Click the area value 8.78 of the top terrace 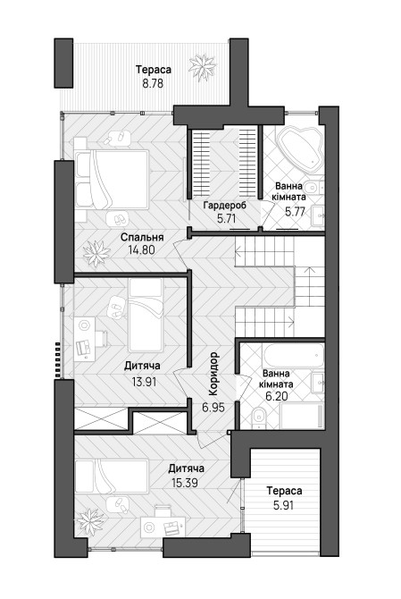click(x=153, y=83)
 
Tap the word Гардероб click(x=225, y=206)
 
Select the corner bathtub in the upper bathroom click(x=300, y=149)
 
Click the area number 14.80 click(x=141, y=250)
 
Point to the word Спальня click(x=142, y=237)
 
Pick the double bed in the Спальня click(x=112, y=180)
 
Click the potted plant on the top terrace click(x=202, y=68)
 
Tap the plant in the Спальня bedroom click(x=96, y=253)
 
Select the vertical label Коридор click(x=213, y=374)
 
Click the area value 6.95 click(x=213, y=407)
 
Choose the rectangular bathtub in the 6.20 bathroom click(x=293, y=356)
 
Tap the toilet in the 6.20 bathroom click(x=259, y=417)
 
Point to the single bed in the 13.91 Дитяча click(x=146, y=316)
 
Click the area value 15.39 click(x=185, y=483)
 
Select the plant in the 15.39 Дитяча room click(x=90, y=522)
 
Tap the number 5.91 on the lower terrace click(x=283, y=505)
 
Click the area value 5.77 click(x=296, y=212)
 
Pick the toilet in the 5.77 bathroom click(x=316, y=187)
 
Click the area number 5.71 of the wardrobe click(x=227, y=219)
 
